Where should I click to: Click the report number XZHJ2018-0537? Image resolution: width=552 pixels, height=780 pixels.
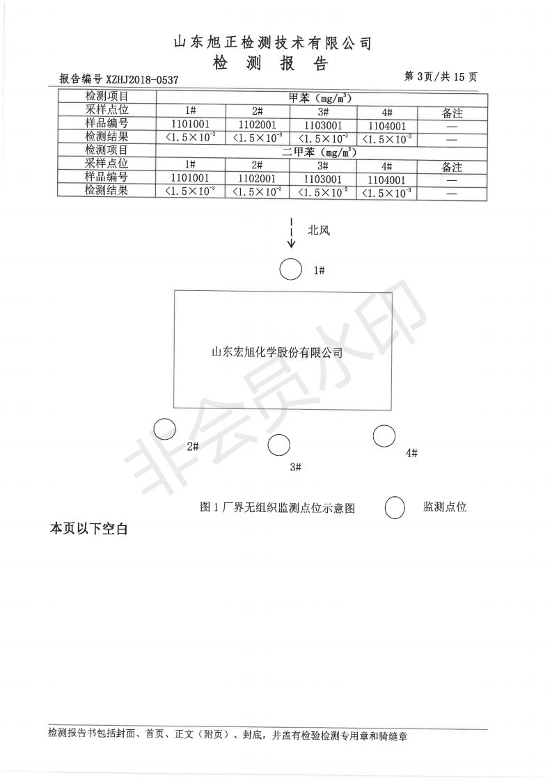pos(143,79)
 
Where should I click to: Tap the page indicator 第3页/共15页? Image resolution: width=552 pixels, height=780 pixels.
pos(441,77)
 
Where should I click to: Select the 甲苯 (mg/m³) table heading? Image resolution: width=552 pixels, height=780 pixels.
pos(320,98)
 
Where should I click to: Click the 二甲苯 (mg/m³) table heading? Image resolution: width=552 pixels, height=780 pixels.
pos(320,152)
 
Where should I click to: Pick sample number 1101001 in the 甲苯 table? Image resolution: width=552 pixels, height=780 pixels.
pos(190,125)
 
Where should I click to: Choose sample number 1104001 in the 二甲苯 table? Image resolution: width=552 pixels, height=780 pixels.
pos(387,180)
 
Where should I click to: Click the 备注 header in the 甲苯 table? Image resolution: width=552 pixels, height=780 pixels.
pos(452,113)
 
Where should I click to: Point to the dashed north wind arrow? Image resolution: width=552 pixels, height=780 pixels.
pos(292,232)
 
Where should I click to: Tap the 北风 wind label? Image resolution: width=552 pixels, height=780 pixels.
pos(319,230)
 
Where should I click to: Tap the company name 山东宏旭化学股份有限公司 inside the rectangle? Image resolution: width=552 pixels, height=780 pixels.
pos(277,353)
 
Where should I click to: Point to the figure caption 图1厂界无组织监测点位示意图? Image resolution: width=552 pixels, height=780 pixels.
pos(277,507)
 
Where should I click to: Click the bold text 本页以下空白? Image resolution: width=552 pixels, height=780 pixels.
pos(89,529)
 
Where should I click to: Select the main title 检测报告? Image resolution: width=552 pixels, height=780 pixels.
pos(271,64)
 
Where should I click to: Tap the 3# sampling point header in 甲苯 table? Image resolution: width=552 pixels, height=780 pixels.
pos(323,112)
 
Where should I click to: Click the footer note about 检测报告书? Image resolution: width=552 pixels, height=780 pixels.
pos(228,736)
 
